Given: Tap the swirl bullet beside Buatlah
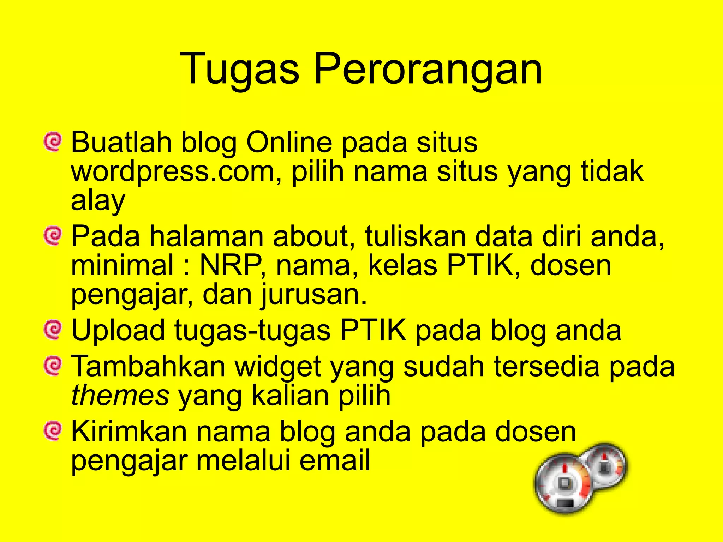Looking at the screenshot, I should pyautogui.click(x=53, y=142).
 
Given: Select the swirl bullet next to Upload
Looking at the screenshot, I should pyautogui.click(x=53, y=330).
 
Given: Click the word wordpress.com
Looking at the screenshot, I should pyautogui.click(x=173, y=172).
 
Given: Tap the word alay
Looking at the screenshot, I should pyautogui.click(x=98, y=201).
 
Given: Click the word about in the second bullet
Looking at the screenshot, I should pyautogui.click(x=311, y=236).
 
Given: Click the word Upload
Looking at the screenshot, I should pyautogui.click(x=118, y=330).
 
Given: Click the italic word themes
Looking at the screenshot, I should pyautogui.click(x=120, y=396).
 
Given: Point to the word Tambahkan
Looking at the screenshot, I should pyautogui.click(x=148, y=366).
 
